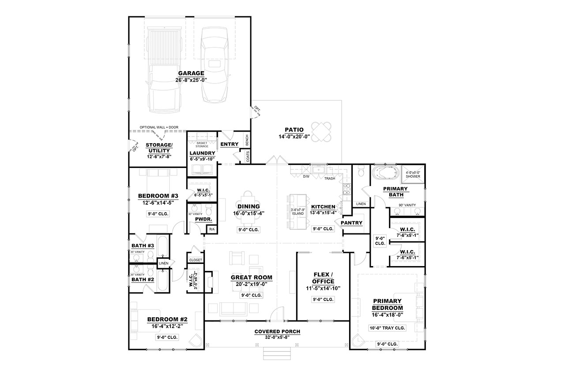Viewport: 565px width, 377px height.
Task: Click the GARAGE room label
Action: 191,73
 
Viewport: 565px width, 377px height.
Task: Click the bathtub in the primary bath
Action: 386,173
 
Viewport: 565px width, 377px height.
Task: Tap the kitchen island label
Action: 298,211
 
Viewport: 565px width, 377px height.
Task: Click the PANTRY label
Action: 351,223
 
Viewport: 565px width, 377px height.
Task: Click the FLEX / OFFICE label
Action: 323,278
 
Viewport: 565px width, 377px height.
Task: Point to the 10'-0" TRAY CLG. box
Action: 387,328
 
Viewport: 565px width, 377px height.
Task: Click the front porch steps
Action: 277,353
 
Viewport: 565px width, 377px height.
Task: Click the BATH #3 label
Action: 142,246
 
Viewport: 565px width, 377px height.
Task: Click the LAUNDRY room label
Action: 202,153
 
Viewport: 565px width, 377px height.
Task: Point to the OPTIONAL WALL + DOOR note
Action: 159,127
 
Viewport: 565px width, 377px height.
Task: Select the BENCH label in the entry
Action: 247,141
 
